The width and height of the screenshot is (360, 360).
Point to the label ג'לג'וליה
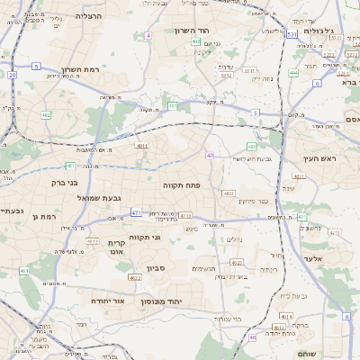(319, 31)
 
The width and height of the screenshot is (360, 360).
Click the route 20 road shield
(12, 76)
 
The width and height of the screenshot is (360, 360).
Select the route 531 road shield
(292, 34)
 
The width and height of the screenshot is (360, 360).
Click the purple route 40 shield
(210, 156)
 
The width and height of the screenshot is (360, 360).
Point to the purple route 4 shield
(148, 35)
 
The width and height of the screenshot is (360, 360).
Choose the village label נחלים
(232, 239)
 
